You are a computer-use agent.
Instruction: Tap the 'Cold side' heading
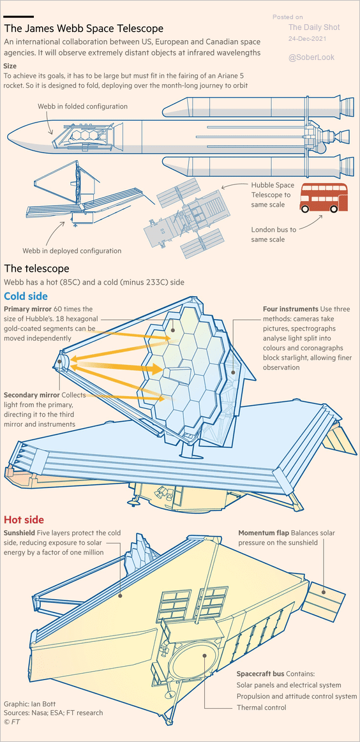[x=26, y=296]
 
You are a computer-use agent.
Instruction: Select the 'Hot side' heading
[x=24, y=520]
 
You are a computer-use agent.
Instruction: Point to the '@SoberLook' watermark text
[x=311, y=57]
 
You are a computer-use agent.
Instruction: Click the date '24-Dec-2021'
[x=308, y=39]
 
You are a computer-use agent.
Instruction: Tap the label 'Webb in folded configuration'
[x=82, y=107]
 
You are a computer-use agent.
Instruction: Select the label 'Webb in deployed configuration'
[x=72, y=251]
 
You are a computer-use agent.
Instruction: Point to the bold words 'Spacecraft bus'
[x=260, y=673]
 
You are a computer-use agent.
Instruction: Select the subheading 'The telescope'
[x=36, y=269]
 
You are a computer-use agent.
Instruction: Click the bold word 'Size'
[x=10, y=66]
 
